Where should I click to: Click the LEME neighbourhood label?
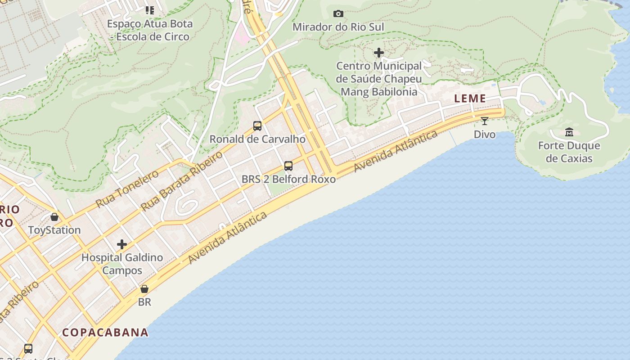coord(470,99)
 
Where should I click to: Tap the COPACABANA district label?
coord(105,333)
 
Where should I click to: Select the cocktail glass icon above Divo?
coord(485,121)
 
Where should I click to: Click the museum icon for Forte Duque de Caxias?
coord(569,132)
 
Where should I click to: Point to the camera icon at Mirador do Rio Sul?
coord(338,14)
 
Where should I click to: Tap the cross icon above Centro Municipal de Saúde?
coord(379,53)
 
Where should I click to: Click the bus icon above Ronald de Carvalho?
coord(257,126)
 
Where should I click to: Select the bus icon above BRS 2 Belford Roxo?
coord(288,166)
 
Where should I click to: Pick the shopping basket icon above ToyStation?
coord(54,217)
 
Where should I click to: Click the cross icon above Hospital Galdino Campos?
coord(121,244)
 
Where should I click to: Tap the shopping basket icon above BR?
coord(144,288)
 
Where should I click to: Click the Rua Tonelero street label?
coord(127,189)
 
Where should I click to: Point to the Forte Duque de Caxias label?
coord(569,152)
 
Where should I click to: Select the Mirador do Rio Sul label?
coord(338,27)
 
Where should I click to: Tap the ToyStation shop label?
coord(54,230)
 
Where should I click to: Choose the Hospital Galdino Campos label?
coord(122,264)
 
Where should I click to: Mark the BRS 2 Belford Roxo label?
coord(288,179)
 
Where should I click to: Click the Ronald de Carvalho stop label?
coord(257,139)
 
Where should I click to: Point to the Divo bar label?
coord(485,134)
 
